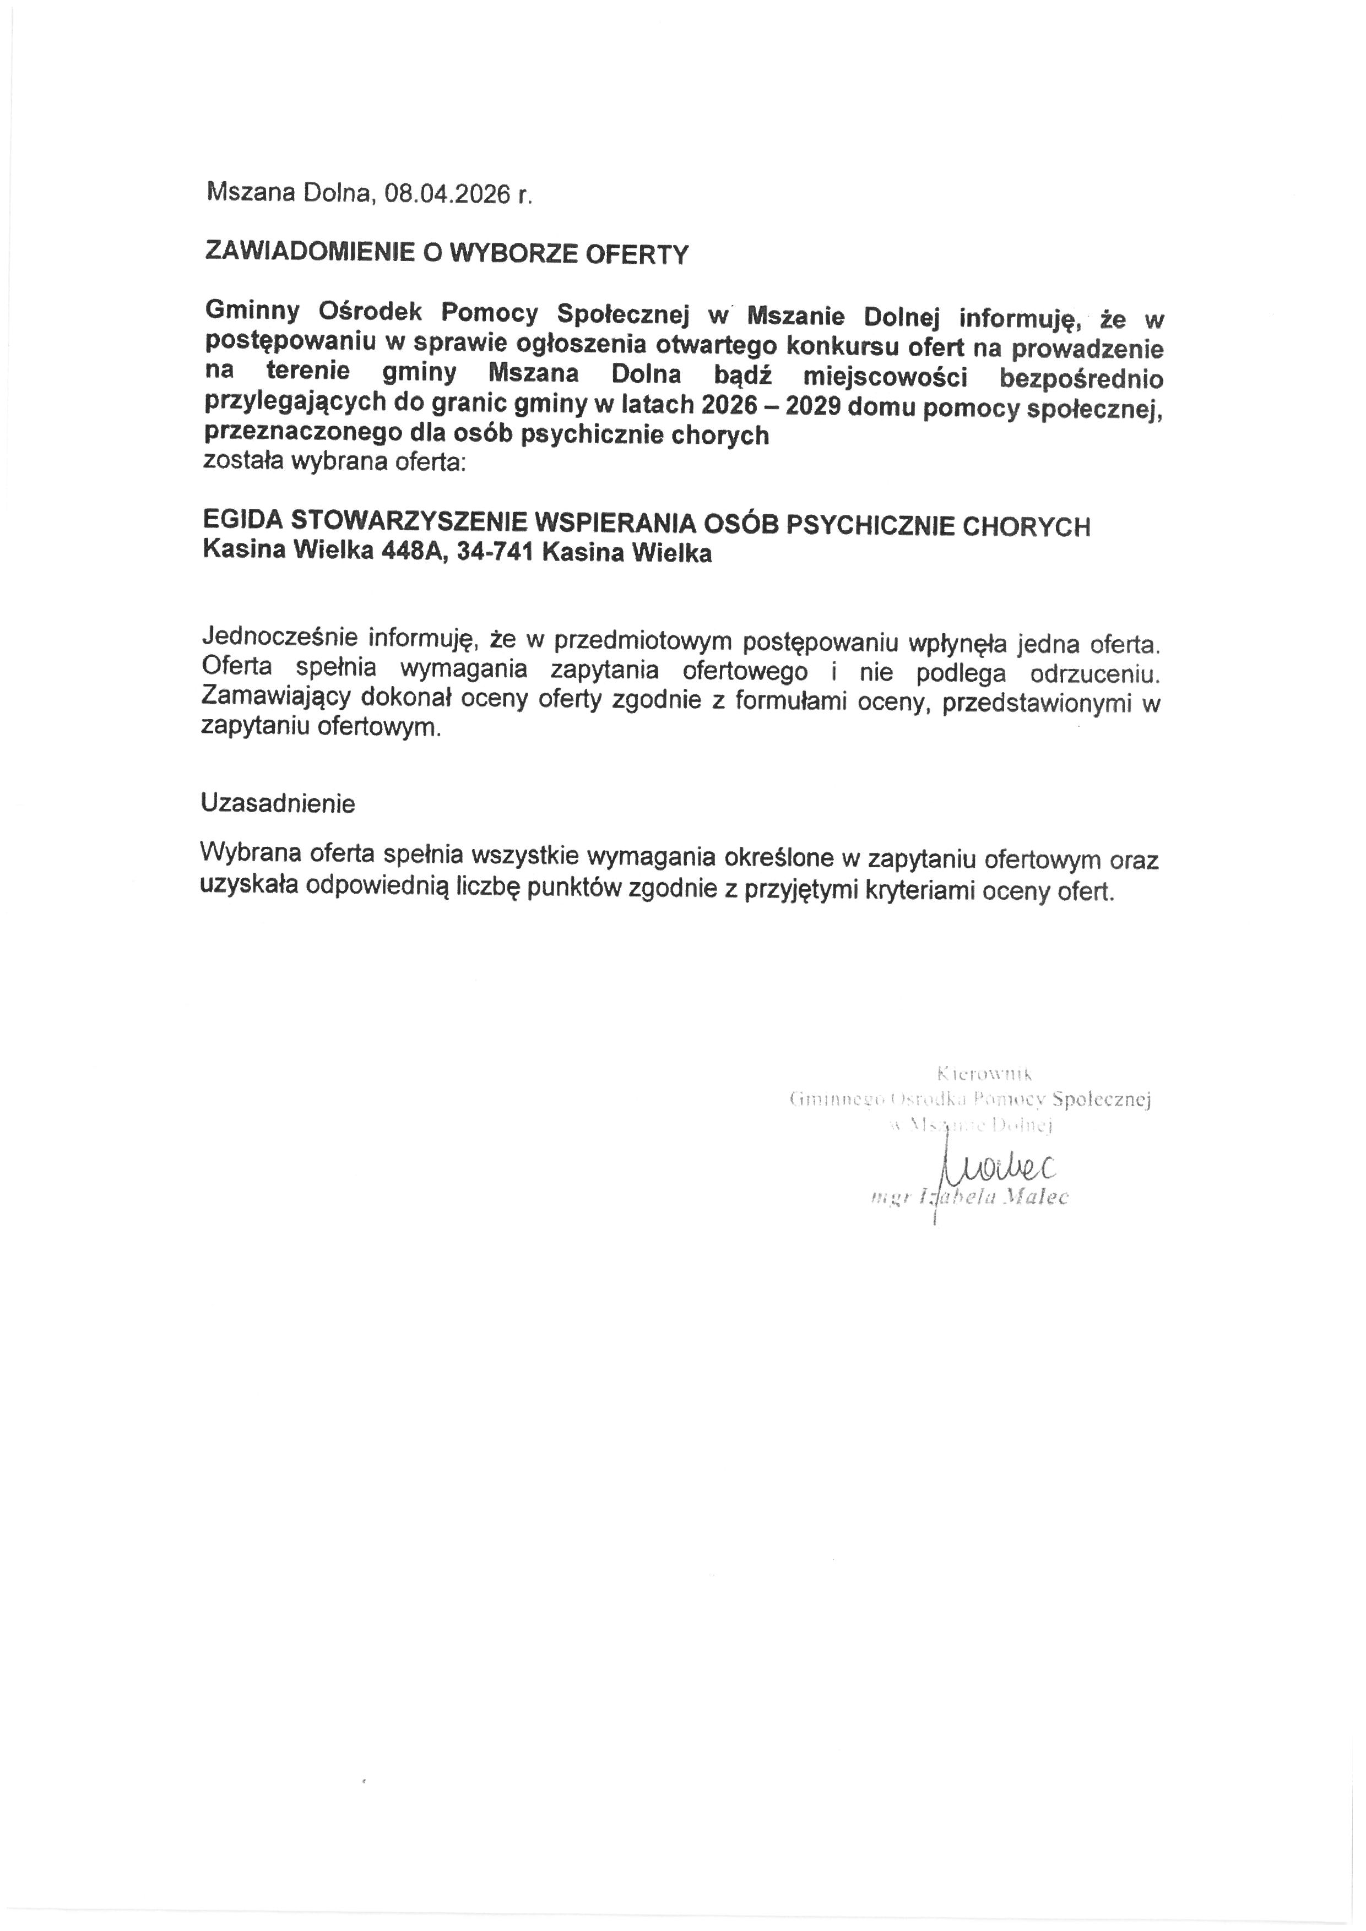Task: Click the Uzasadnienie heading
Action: coord(278,803)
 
